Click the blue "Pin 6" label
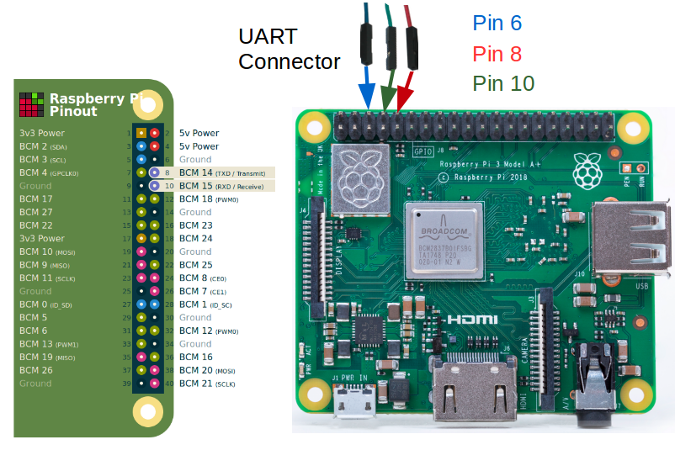point(497,24)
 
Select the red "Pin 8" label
point(497,54)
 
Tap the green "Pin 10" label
point(502,83)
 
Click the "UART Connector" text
point(289,49)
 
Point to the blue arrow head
point(367,97)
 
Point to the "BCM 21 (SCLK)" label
point(207,384)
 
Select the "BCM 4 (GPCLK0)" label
point(49,172)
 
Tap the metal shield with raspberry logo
point(359,177)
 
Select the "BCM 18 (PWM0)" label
point(209,199)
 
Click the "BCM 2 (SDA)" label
point(43,146)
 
